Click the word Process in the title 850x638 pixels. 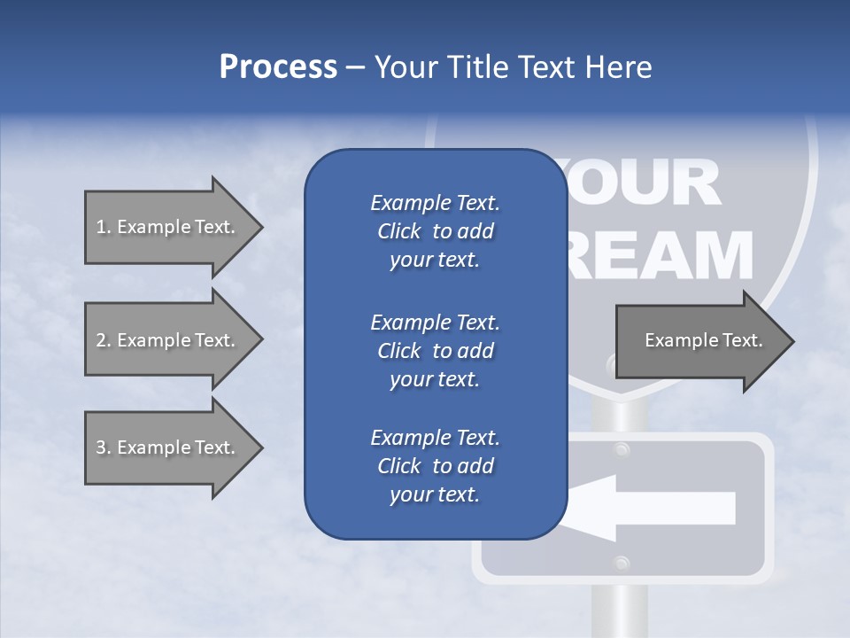[x=278, y=67]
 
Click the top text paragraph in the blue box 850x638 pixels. [x=435, y=231]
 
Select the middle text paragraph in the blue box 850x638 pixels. [x=435, y=350]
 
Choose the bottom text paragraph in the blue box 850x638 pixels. [x=435, y=465]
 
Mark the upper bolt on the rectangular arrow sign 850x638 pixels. [x=622, y=449]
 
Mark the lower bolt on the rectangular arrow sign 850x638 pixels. [x=622, y=563]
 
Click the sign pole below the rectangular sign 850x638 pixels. [x=622, y=611]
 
